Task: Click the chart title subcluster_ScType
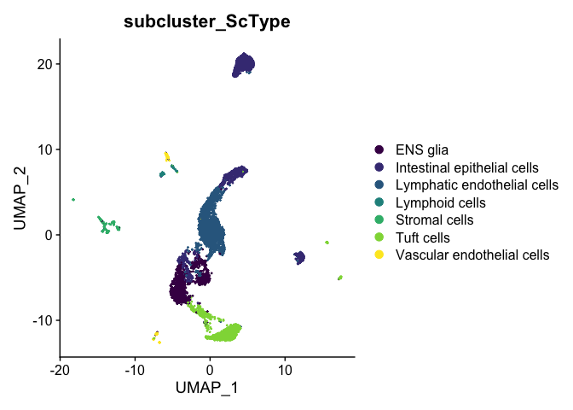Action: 207,21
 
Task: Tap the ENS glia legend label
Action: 422,149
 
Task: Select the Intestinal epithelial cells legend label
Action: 467,167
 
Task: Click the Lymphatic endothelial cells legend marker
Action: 379,184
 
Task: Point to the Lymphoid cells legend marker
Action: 379,202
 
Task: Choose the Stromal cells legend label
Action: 435,220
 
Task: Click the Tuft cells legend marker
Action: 379,237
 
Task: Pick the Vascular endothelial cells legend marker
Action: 379,255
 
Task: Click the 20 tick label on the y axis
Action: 44,64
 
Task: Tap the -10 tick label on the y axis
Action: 43,320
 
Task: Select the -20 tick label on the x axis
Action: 60,370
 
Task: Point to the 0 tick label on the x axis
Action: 210,370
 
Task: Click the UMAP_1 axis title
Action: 207,388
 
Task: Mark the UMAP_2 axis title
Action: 20,198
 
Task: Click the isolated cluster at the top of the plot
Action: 244,65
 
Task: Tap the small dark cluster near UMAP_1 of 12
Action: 299,258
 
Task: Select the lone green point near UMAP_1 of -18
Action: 73,200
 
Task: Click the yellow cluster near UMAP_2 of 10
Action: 167,156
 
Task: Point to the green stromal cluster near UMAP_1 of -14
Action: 107,225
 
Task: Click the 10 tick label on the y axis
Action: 44,149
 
